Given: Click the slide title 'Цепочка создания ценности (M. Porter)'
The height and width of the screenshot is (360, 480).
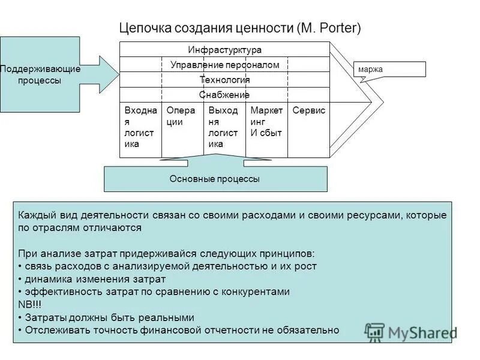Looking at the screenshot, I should (240, 28).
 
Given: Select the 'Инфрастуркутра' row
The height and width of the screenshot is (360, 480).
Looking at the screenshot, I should (224, 50).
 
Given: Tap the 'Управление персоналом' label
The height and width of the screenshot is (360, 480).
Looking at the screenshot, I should (224, 65).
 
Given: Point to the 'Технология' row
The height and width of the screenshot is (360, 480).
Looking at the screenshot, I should (224, 80).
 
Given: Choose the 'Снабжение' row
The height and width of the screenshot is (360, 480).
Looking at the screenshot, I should (224, 95).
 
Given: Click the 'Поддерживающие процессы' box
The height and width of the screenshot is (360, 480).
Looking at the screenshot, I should (40, 74).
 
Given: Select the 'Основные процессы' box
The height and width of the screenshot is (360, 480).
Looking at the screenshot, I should (215, 179).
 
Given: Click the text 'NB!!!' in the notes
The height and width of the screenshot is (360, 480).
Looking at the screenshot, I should (30, 304).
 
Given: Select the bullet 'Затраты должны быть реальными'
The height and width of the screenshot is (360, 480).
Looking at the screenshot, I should (108, 317).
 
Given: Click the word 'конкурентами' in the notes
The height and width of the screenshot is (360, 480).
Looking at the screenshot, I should (260, 292).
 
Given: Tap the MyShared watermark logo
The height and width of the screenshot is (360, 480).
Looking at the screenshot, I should (410, 332).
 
